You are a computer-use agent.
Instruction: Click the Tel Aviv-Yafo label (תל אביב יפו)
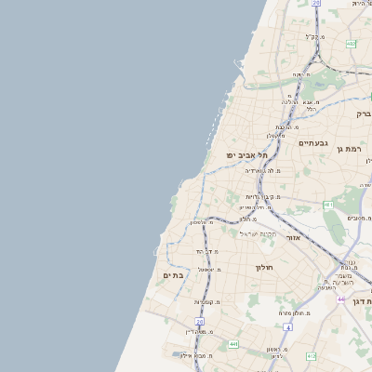(x=246, y=154)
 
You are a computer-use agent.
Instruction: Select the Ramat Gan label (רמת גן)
(x=352, y=149)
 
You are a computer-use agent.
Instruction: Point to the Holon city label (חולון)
(x=262, y=267)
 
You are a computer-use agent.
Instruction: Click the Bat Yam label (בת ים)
(x=174, y=275)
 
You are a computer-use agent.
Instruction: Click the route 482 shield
(x=351, y=44)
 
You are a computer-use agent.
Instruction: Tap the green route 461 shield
(x=328, y=205)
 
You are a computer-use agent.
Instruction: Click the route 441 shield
(x=232, y=344)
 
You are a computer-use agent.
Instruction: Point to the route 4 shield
(x=288, y=327)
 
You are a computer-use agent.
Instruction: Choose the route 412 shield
(x=311, y=356)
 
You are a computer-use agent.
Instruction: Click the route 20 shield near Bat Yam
(x=199, y=321)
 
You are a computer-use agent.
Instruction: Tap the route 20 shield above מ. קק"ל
(x=316, y=4)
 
